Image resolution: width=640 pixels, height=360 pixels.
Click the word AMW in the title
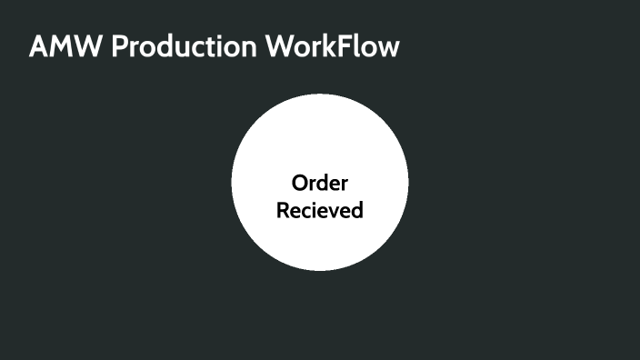[x=65, y=47]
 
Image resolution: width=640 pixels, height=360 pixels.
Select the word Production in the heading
[x=183, y=47]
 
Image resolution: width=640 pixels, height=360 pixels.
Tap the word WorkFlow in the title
[x=332, y=47]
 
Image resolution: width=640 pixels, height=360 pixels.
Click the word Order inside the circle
[x=320, y=183]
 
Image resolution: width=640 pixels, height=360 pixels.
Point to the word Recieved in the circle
[x=320, y=210]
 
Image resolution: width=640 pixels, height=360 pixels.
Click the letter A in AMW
[x=39, y=47]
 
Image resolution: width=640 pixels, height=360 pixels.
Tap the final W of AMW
[x=89, y=47]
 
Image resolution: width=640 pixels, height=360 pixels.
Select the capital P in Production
[x=120, y=47]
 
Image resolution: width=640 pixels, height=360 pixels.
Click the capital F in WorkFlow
[x=352, y=47]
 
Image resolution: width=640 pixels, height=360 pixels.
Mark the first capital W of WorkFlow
[x=280, y=47]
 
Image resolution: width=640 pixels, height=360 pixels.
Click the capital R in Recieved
[x=283, y=210]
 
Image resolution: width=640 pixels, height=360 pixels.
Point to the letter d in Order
[x=325, y=183]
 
